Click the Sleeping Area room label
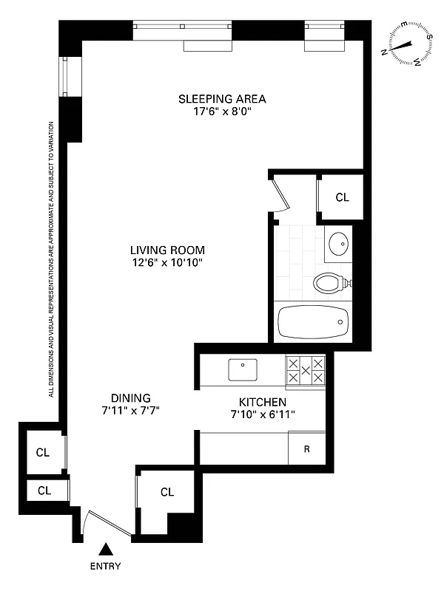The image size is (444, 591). tap(222, 99)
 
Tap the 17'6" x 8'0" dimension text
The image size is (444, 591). tap(222, 113)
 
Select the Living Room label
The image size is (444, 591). tap(167, 250)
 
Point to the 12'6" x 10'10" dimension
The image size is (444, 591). tap(167, 263)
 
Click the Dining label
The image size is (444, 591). tap(131, 397)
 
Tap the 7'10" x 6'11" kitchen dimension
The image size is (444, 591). tap(263, 414)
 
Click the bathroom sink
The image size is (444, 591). tap(338, 243)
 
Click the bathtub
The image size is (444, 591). tap(312, 321)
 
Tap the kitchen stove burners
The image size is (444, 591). tap(305, 369)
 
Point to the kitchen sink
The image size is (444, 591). tap(242, 368)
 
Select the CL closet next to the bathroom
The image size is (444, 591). tap(341, 197)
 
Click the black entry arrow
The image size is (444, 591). tap(107, 549)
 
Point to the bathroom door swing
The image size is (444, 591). tap(278, 194)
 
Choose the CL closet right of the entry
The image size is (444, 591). tap(166, 492)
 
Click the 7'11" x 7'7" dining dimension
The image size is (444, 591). tap(131, 411)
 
